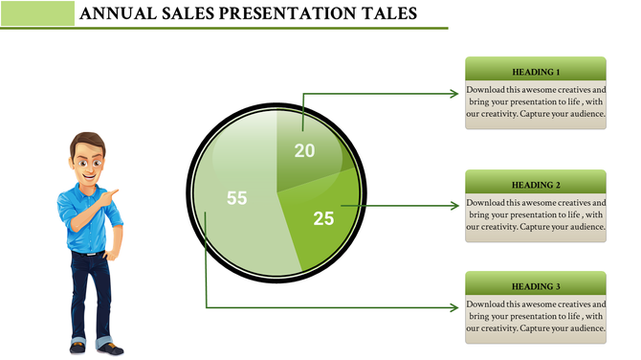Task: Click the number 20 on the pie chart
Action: coord(304,150)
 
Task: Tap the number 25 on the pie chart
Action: coord(324,218)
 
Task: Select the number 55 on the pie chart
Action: coord(236,198)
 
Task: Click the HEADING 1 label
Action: coord(536,72)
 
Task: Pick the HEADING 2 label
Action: coord(536,185)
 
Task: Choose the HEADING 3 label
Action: coord(536,286)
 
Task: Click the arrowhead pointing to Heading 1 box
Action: coord(455,93)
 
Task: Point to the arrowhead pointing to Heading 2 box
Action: coord(455,206)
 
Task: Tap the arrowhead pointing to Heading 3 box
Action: coord(455,307)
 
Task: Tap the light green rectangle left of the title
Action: coord(38,13)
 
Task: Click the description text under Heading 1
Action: coord(536,101)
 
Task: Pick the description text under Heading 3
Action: coord(536,316)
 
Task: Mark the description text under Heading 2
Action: coord(536,214)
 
